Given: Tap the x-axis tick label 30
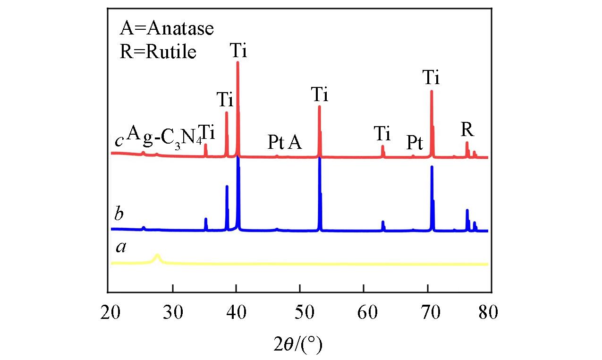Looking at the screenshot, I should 173,313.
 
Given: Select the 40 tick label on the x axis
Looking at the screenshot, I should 237,313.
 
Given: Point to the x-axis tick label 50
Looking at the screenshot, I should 300,313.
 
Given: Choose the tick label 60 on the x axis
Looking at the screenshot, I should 364,313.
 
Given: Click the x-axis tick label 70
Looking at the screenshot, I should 428,313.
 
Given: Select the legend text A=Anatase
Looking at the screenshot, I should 166,29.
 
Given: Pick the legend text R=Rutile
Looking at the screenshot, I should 158,51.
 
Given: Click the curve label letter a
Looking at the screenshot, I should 121,246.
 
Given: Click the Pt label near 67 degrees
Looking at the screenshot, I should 415,142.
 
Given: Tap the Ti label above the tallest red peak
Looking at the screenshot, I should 238,50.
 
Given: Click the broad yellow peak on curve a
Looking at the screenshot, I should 158,257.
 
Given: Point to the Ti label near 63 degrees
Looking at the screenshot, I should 382,134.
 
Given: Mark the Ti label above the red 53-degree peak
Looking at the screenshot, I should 320,95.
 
